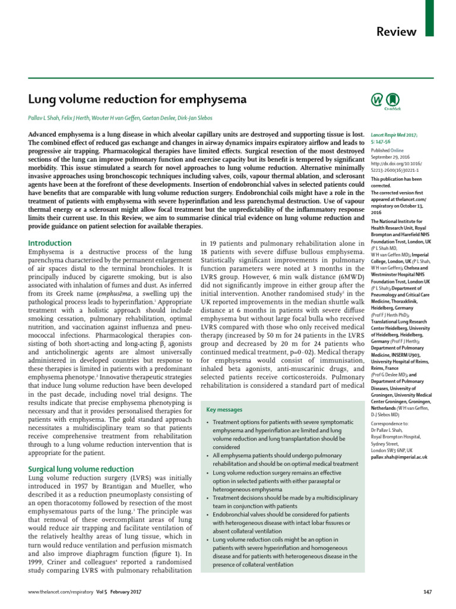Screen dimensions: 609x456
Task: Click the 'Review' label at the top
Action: (x=397, y=32)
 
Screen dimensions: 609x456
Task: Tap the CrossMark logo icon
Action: (x=392, y=101)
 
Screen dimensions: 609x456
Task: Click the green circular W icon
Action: (x=376, y=100)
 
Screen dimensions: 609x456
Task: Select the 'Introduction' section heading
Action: (x=50, y=243)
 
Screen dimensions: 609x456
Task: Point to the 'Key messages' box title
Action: (x=224, y=410)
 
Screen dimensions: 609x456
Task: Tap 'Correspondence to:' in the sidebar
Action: (x=389, y=424)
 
